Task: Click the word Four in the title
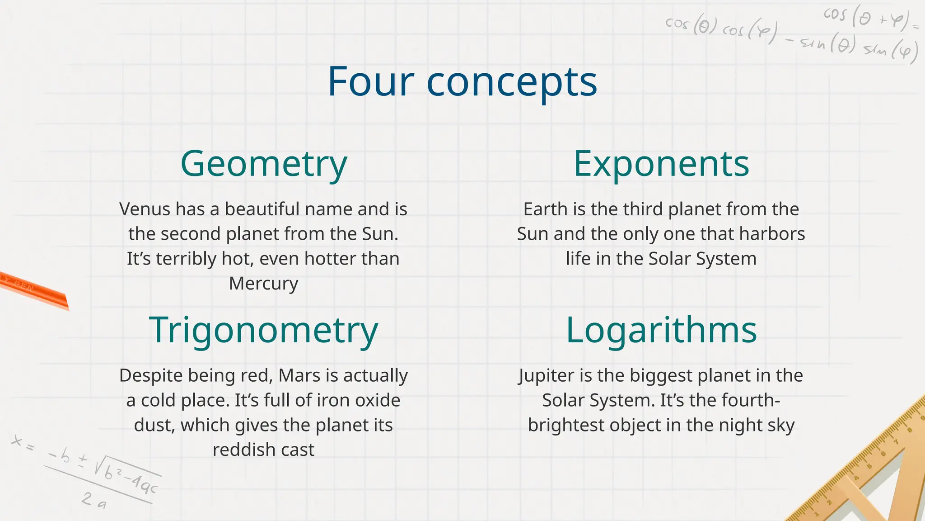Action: click(x=370, y=82)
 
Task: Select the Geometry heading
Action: click(x=264, y=164)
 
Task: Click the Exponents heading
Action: click(x=661, y=164)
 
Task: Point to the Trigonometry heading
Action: click(x=263, y=331)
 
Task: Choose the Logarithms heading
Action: click(x=661, y=331)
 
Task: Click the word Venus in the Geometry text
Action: click(x=145, y=209)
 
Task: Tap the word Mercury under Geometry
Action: click(x=264, y=284)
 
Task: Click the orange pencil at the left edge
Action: click(x=34, y=290)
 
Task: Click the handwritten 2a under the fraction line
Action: click(x=94, y=500)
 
